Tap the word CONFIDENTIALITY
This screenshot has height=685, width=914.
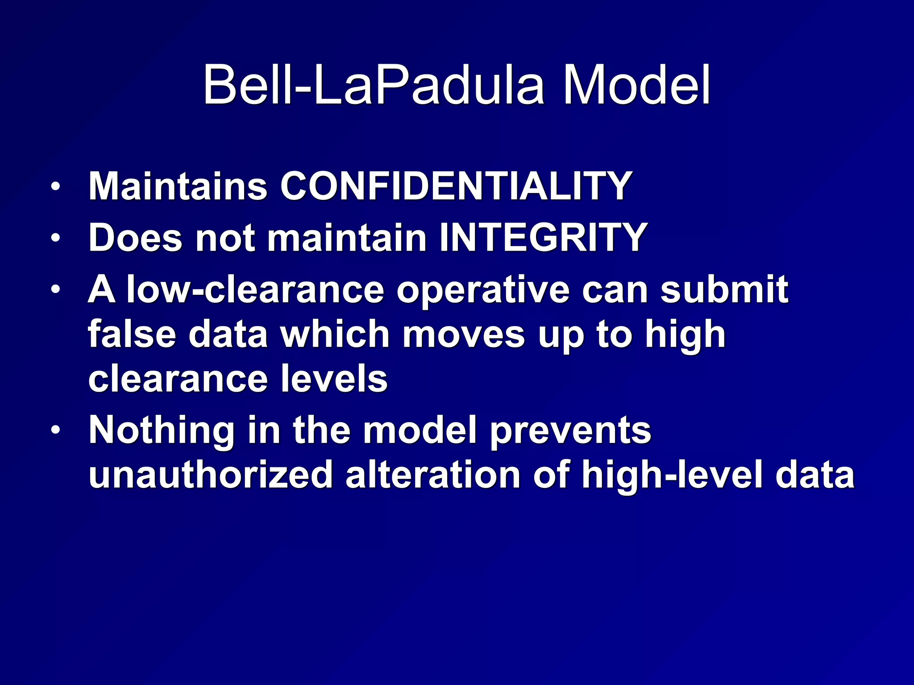click(x=456, y=186)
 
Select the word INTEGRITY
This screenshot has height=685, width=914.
click(x=543, y=238)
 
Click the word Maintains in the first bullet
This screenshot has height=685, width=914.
click(x=178, y=186)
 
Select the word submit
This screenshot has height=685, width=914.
click(x=724, y=290)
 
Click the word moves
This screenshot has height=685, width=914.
click(x=464, y=335)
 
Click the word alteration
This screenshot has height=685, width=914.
click(x=432, y=475)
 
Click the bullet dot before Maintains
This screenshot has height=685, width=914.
click(x=55, y=187)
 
